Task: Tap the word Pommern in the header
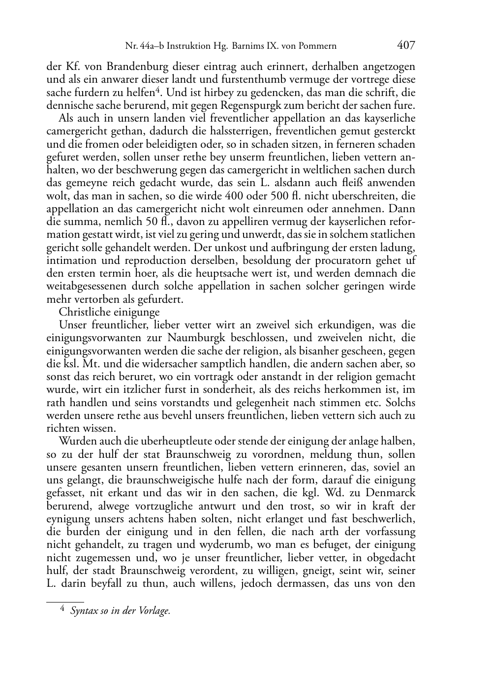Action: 317,47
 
